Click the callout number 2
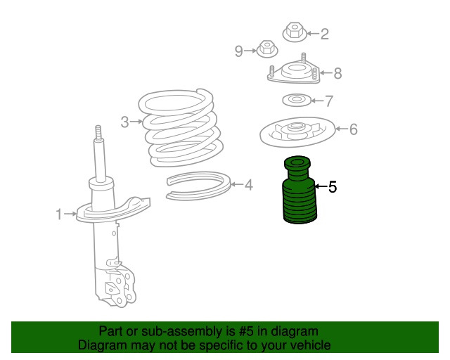[x=325, y=34]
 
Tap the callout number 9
[x=239, y=51]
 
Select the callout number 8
[x=337, y=73]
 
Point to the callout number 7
[x=328, y=101]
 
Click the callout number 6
[x=354, y=129]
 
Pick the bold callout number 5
[x=333, y=187]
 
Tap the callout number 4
[x=249, y=185]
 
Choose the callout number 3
[x=124, y=122]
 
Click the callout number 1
[x=59, y=214]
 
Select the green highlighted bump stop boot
[x=300, y=190]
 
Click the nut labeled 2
[x=294, y=32]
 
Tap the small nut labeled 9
[x=267, y=49]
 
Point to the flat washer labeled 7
[x=297, y=100]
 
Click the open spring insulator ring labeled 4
[x=199, y=196]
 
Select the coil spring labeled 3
[x=181, y=128]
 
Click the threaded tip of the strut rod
[x=98, y=133]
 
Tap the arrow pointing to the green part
[x=321, y=186]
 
